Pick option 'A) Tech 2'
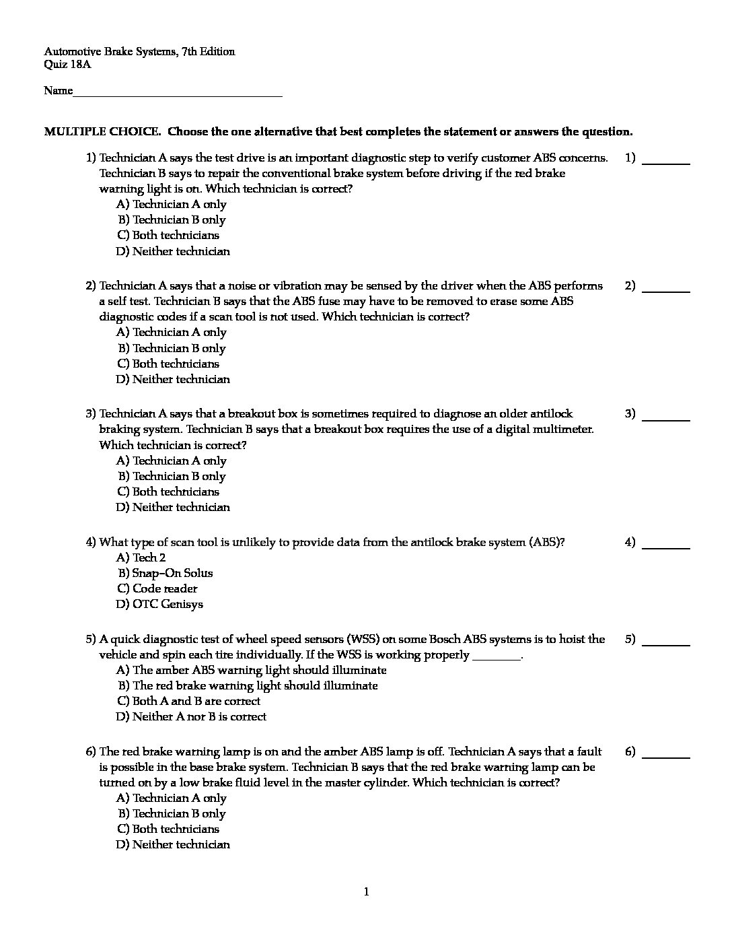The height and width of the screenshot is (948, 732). pos(141,557)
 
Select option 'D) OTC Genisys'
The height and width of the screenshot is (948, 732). pos(159,604)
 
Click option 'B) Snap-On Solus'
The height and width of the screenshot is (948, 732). pos(165,573)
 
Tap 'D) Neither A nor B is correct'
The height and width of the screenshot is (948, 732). pos(191,716)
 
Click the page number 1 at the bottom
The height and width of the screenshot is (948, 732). pos(366,892)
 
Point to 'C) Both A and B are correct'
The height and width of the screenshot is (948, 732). pos(188,701)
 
